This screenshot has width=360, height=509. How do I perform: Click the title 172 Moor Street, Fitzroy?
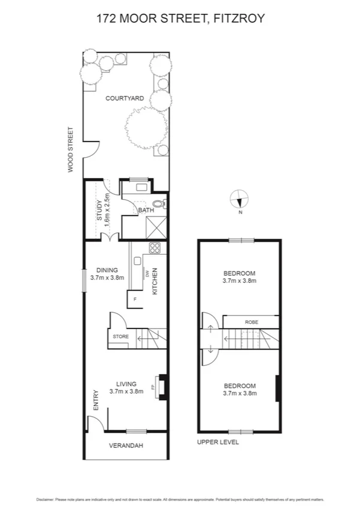click(180, 19)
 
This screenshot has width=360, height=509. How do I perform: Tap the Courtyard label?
click(124, 98)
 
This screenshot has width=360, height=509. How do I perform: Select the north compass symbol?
click(239, 198)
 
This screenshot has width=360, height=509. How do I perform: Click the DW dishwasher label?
click(146, 275)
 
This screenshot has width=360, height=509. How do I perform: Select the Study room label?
click(101, 212)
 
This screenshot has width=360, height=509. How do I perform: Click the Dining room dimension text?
click(107, 278)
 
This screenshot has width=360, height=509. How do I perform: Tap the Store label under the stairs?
click(120, 337)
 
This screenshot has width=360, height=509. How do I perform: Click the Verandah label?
click(125, 445)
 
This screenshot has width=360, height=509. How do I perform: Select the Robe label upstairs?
click(251, 322)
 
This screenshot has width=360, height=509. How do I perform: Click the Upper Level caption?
click(218, 442)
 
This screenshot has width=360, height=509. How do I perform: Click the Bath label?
click(146, 210)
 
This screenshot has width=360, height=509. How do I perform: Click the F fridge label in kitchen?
click(135, 298)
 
